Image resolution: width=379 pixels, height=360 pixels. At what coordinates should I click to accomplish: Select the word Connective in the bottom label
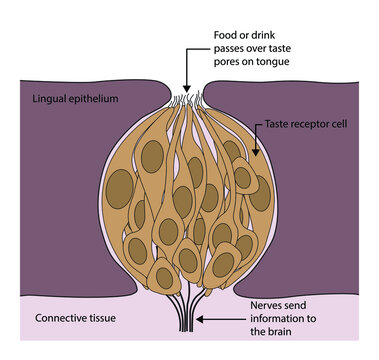point(58,318)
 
